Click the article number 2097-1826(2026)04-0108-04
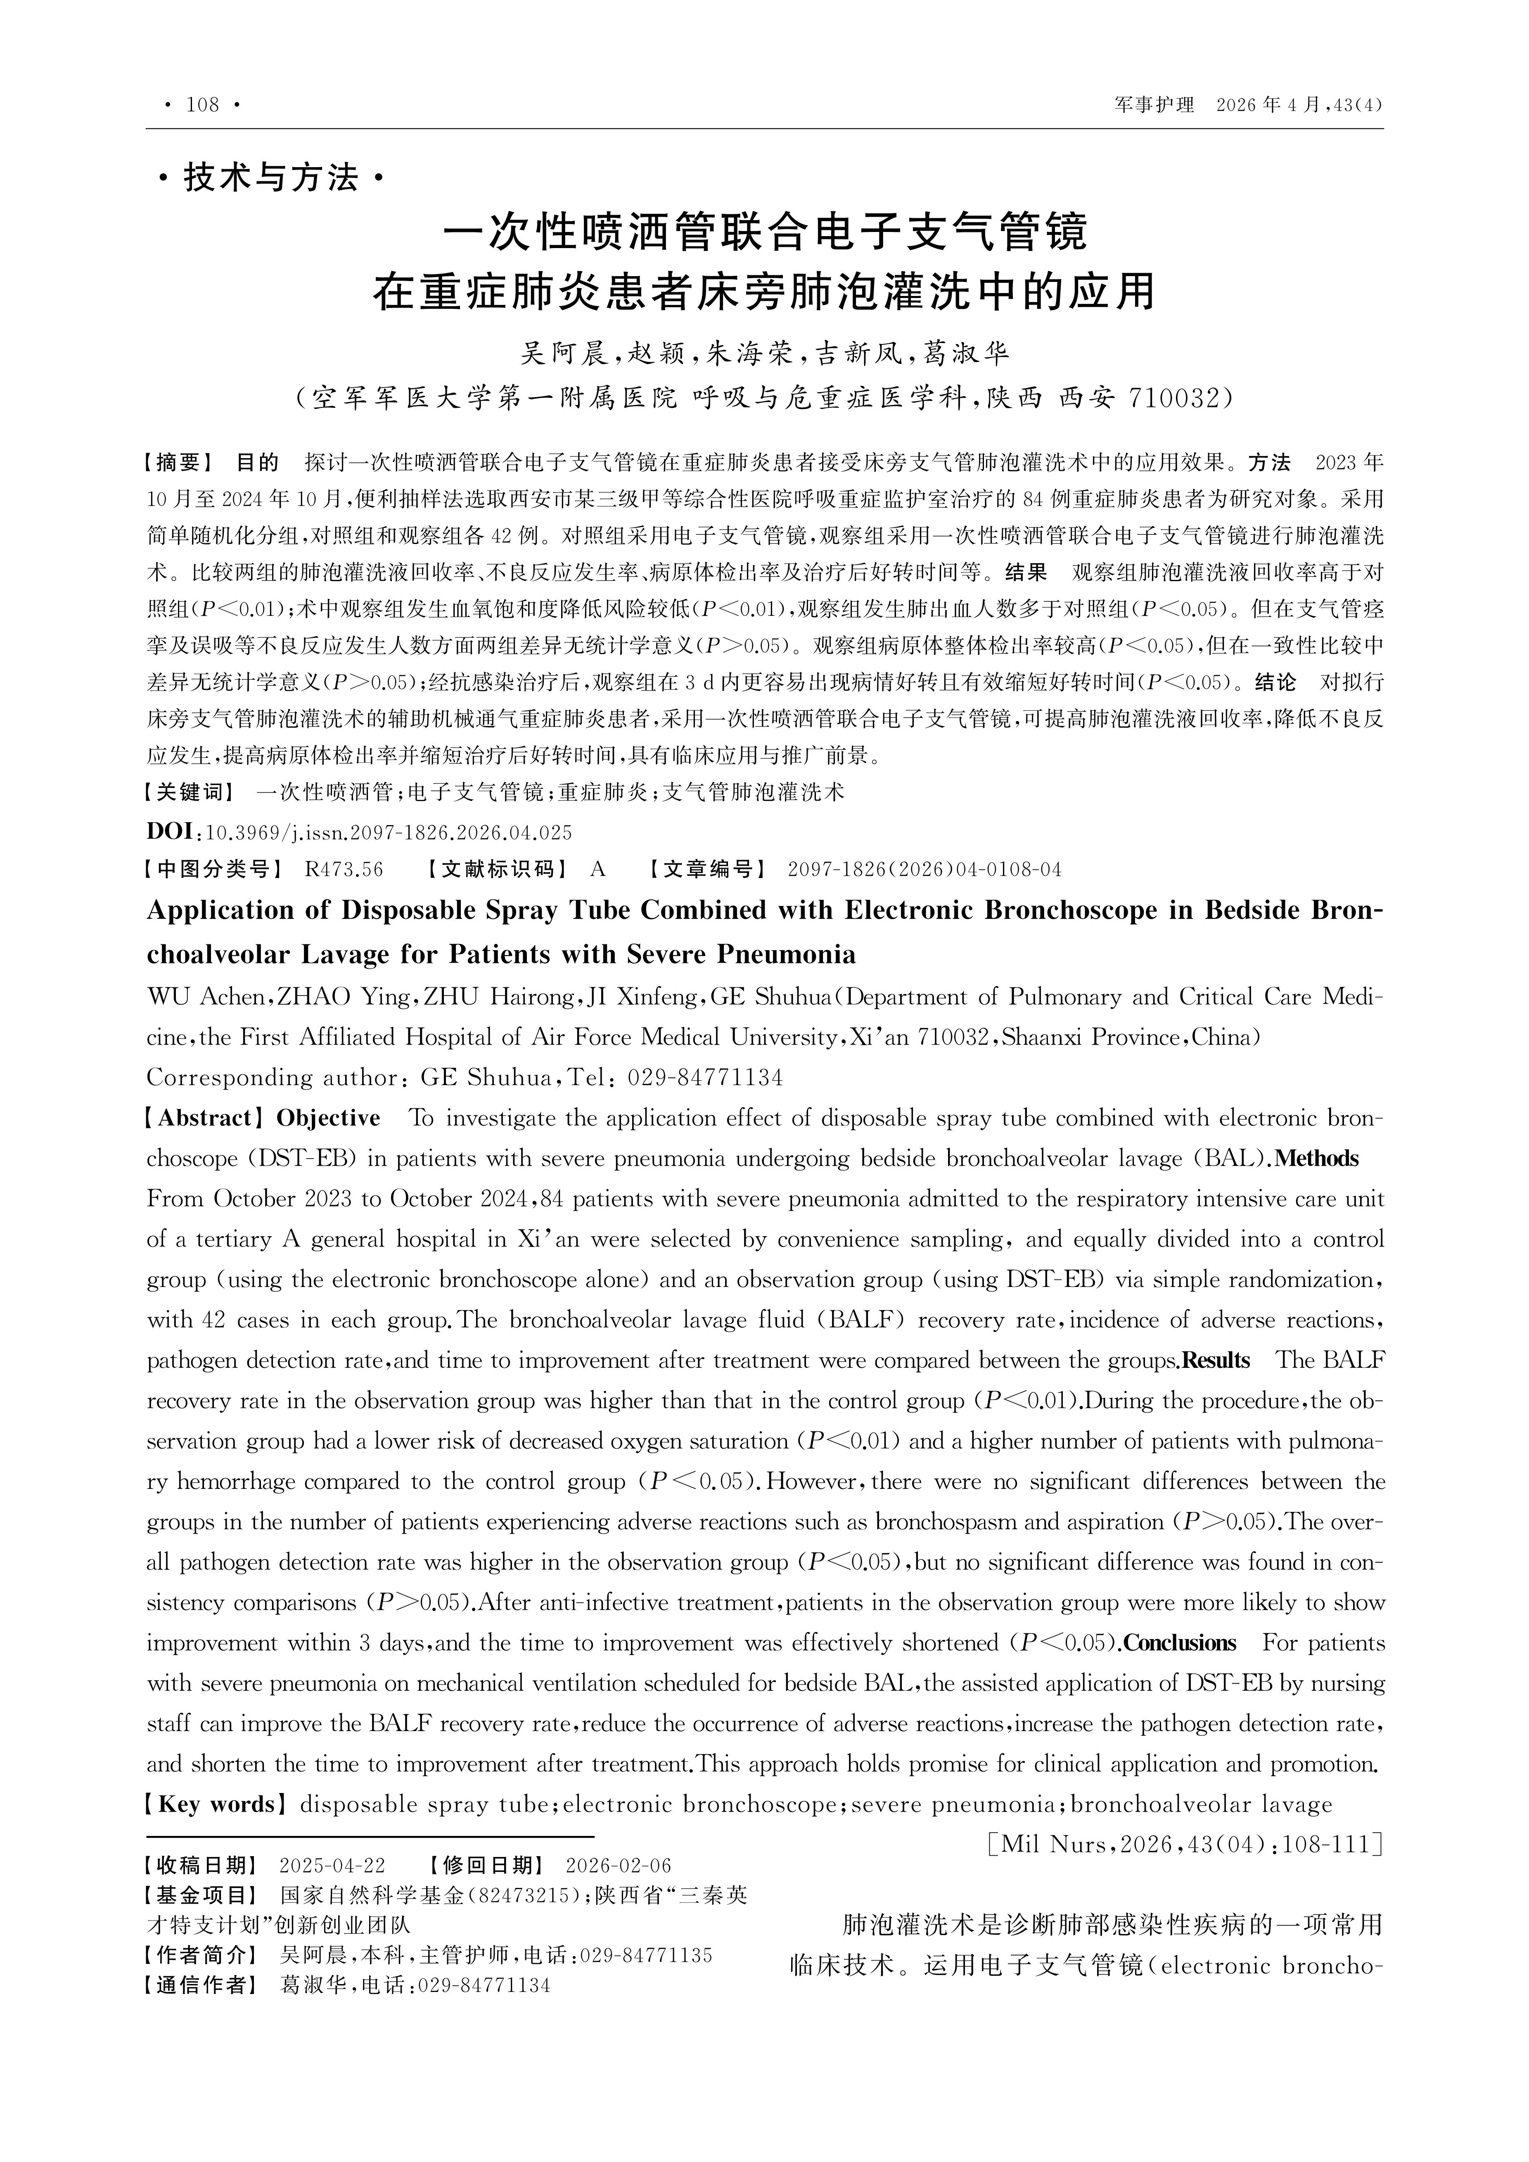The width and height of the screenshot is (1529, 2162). pos(924,869)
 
